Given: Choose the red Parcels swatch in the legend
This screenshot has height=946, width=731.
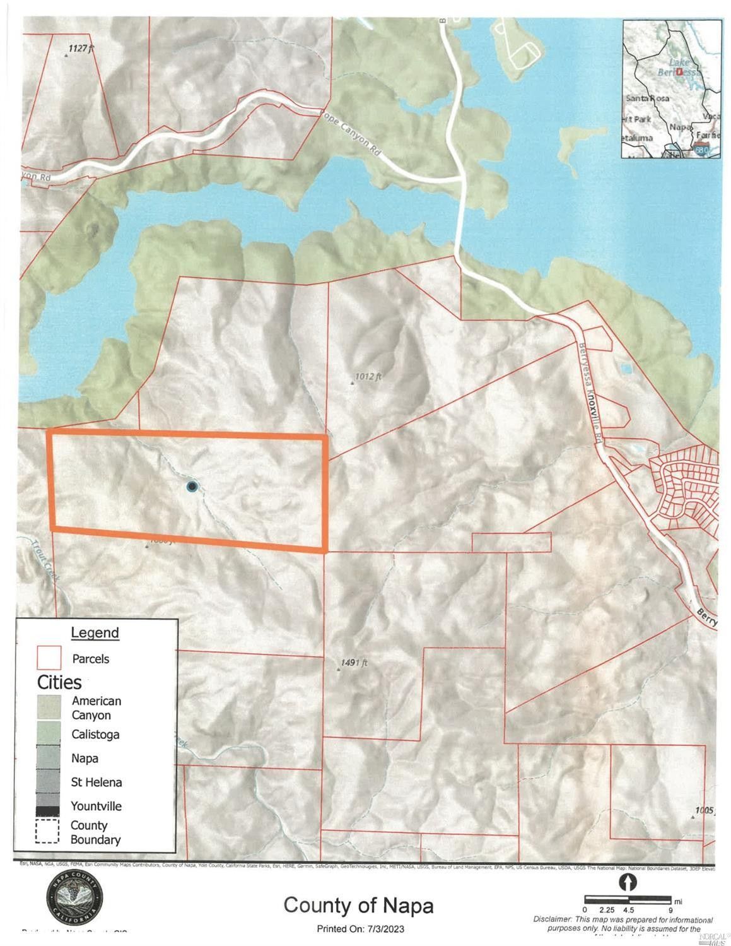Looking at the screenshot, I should (49, 658).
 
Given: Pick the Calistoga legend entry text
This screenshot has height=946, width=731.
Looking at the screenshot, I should (95, 735).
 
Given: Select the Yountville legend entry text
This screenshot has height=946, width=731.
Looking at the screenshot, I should (96, 806).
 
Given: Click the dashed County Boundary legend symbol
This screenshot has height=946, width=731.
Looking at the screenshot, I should (47, 831).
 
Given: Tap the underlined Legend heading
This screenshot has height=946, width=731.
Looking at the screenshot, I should (95, 632).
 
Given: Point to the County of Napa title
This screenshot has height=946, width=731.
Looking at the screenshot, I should (358, 905).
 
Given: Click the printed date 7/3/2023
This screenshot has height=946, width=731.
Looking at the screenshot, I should (382, 929).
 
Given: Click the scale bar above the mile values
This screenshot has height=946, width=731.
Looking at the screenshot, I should (627, 898).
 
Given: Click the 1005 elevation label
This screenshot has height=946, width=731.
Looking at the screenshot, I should (705, 810).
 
